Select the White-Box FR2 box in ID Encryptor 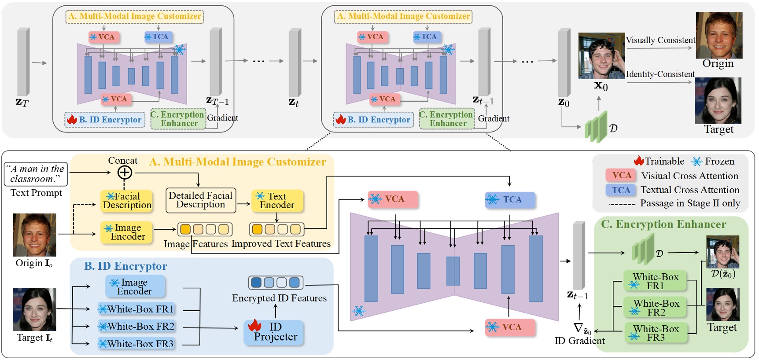click(136, 327)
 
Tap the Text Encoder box click(277, 201)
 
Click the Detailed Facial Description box click(200, 200)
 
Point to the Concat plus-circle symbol click(125, 172)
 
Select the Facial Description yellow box click(127, 201)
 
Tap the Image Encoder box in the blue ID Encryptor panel click(135, 287)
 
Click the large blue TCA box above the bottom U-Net click(510, 200)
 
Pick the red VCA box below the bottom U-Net click(510, 327)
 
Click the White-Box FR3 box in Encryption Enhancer click(656, 333)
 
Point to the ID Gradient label click(579, 341)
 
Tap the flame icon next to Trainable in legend click(639, 161)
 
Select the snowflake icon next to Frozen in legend click(696, 162)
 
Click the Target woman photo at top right click(718, 101)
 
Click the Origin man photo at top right click(718, 35)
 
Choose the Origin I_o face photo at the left click(34, 235)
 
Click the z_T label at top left click(22, 103)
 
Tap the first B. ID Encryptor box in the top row click(105, 120)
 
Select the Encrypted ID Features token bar click(276, 283)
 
